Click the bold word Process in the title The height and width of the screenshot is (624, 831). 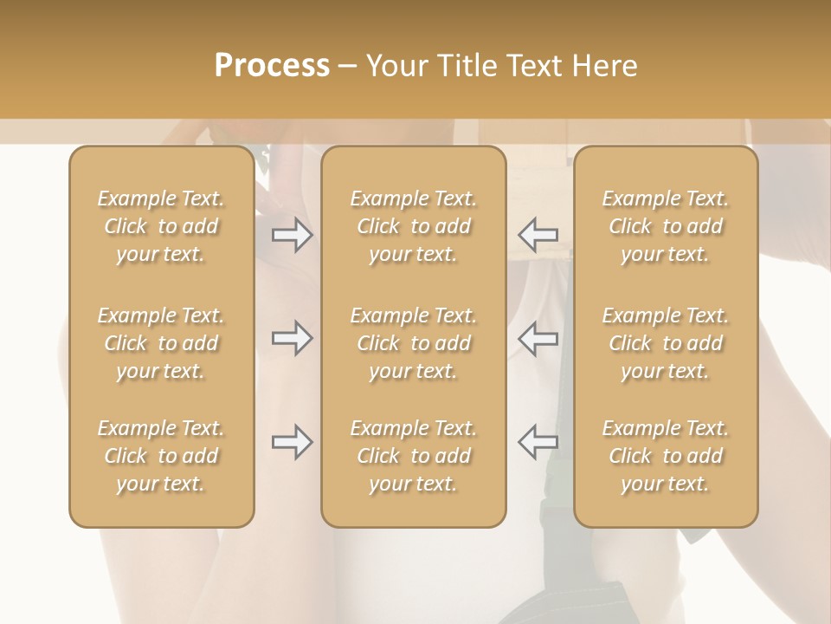(x=272, y=66)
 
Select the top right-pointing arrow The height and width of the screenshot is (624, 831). (x=292, y=234)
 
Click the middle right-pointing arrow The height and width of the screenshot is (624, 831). (x=292, y=338)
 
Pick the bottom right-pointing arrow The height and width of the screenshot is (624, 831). (x=292, y=442)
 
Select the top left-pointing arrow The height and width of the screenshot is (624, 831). (x=538, y=234)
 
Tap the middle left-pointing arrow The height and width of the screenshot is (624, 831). (x=538, y=338)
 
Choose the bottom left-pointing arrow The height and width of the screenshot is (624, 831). (x=538, y=442)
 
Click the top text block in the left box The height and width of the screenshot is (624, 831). (x=161, y=226)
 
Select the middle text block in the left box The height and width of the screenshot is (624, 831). (x=161, y=343)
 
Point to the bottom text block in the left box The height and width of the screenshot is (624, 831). (x=161, y=456)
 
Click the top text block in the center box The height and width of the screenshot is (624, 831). (x=414, y=226)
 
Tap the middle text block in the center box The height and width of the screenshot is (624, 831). (x=414, y=343)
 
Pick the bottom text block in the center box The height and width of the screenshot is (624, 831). (x=414, y=456)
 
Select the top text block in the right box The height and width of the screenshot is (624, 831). (x=666, y=226)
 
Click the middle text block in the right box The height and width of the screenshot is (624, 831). (x=666, y=343)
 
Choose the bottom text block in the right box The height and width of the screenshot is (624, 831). (x=666, y=456)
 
